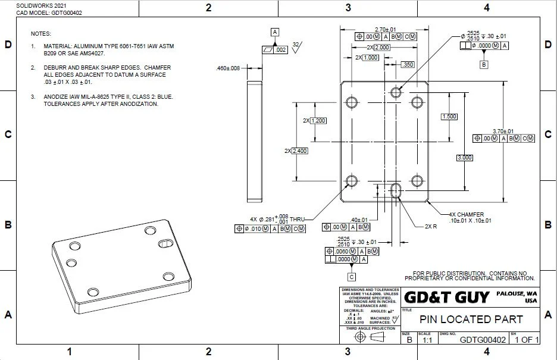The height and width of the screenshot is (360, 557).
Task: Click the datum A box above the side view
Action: (274, 32)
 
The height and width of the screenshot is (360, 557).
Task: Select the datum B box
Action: (484, 63)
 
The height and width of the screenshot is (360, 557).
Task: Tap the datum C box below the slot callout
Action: (352, 277)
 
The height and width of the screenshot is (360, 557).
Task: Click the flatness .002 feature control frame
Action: (274, 50)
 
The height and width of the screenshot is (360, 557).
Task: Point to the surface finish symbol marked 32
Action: (297, 46)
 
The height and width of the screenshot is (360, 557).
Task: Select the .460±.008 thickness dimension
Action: (228, 68)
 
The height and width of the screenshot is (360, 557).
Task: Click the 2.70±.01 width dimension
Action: (385, 29)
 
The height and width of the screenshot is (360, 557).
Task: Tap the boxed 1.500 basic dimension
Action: (449, 117)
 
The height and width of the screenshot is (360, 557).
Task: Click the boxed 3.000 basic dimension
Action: (464, 158)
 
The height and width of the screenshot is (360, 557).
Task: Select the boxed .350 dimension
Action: (408, 64)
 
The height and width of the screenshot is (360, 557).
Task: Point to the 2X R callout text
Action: (431, 227)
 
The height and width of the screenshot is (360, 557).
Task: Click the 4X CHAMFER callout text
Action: (467, 214)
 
